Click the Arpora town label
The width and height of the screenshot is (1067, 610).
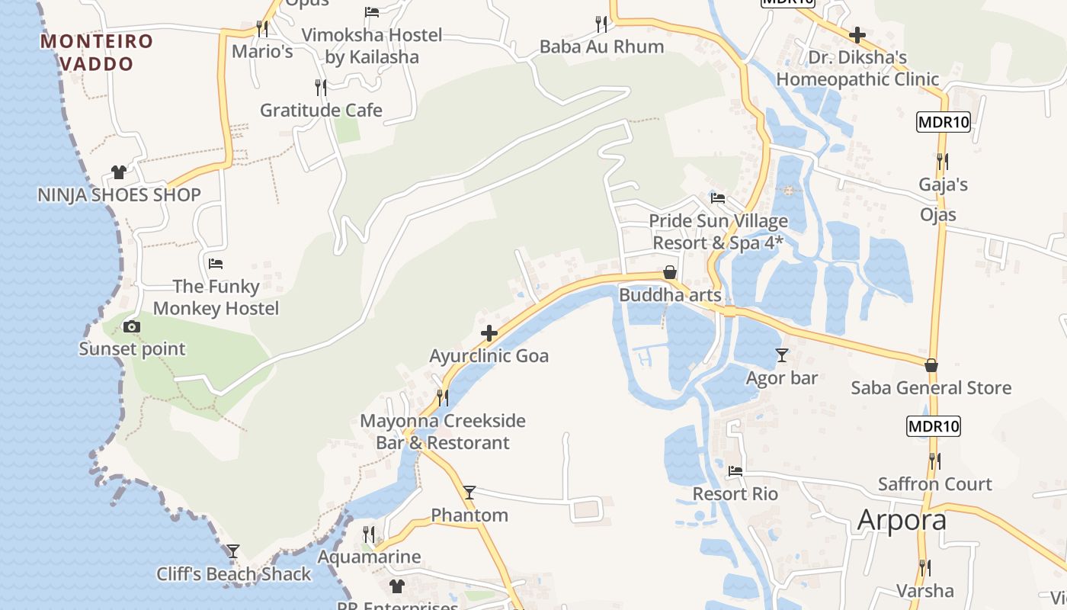[902, 520]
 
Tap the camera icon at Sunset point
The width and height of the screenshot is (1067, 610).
[132, 326]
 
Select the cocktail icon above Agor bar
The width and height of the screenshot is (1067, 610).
[782, 355]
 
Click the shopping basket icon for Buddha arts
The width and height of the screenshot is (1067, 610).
[670, 272]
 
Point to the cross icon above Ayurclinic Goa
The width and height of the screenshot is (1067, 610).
[489, 333]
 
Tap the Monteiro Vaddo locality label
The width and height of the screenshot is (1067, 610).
[97, 52]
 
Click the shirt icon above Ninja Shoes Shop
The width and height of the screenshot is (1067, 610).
[118, 172]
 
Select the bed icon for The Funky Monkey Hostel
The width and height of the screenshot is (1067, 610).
[216, 264]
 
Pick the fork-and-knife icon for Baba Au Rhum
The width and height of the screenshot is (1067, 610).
[601, 24]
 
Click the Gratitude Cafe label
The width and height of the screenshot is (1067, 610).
[321, 111]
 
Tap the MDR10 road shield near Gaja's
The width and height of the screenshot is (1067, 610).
[944, 122]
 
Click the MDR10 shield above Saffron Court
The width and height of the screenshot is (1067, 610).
[934, 426]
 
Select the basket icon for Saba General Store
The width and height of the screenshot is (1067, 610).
[931, 365]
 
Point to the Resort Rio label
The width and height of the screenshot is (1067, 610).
[735, 494]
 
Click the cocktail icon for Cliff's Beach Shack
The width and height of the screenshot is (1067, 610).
[233, 551]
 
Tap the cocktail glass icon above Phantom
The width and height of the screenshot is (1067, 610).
[469, 493]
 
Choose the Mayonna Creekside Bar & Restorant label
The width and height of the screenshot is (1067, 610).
[443, 432]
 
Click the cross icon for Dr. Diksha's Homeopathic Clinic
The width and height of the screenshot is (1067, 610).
[857, 35]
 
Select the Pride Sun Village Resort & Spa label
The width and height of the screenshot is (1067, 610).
[719, 232]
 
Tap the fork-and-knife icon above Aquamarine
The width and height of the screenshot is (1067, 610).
[369, 534]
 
